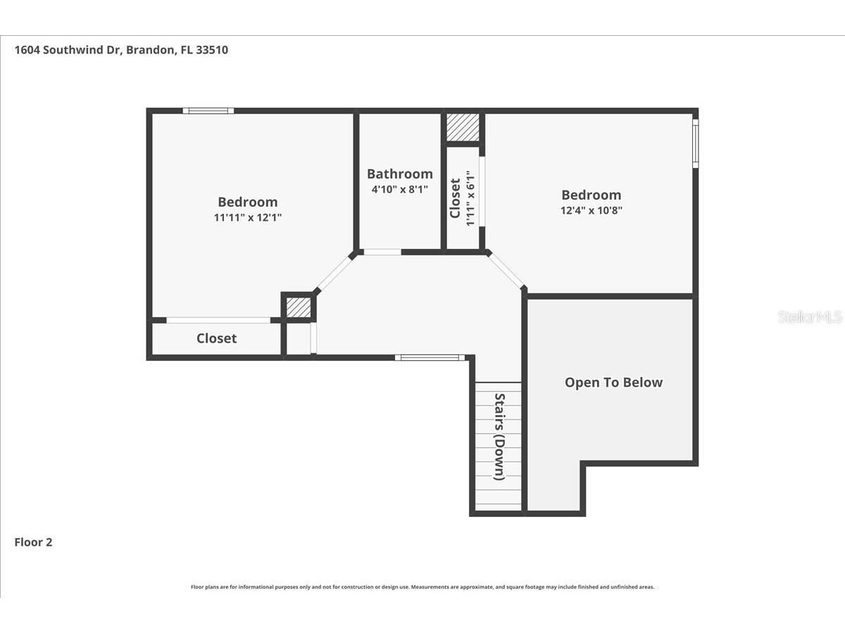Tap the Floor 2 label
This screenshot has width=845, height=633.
(x=33, y=542)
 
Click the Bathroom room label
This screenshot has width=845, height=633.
(x=399, y=174)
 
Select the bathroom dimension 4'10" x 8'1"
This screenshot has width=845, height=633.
(x=399, y=189)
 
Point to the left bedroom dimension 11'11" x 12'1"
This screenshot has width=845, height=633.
(x=248, y=218)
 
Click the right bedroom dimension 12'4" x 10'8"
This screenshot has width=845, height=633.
(x=591, y=210)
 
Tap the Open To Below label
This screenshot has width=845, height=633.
(x=613, y=383)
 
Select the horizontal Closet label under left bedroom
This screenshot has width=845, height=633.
(x=216, y=338)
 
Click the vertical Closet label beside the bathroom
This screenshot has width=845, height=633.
(x=455, y=198)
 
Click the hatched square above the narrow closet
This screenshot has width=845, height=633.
(x=463, y=127)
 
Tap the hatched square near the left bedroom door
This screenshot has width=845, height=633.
(x=298, y=307)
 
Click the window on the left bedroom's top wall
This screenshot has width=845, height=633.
(x=208, y=110)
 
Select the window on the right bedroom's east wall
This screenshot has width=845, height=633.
(x=695, y=143)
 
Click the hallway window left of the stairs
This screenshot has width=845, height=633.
(x=430, y=357)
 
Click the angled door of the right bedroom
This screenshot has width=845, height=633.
(x=506, y=271)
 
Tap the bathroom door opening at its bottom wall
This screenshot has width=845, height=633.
(x=382, y=252)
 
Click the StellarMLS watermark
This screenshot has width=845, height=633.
(x=809, y=317)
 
